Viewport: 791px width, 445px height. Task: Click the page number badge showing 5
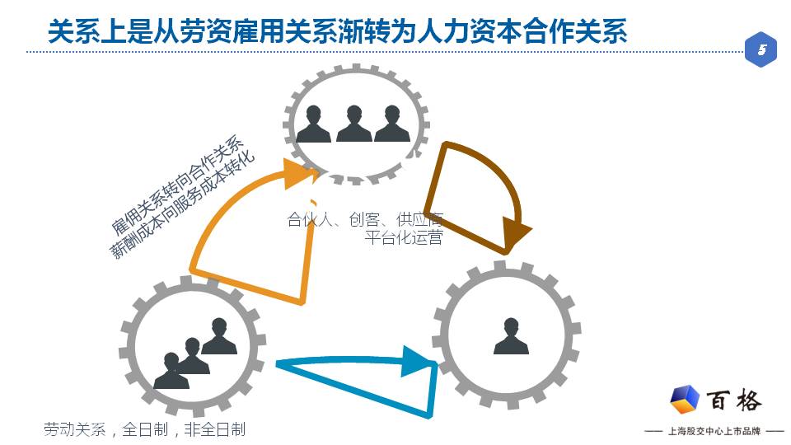761,50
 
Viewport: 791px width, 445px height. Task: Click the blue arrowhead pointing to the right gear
418,362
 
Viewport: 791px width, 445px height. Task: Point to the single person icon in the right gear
511,335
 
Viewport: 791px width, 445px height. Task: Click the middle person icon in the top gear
353,124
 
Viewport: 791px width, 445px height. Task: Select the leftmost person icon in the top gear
314,124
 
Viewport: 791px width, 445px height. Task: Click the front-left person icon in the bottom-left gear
171,372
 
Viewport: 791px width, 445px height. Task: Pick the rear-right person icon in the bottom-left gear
219,336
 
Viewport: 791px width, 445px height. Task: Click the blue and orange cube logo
685,400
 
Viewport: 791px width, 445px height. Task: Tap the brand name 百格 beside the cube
734,400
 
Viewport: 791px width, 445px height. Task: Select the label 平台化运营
404,237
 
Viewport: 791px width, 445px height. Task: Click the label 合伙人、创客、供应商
365,219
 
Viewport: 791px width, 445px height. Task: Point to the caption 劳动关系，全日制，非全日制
144,429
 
